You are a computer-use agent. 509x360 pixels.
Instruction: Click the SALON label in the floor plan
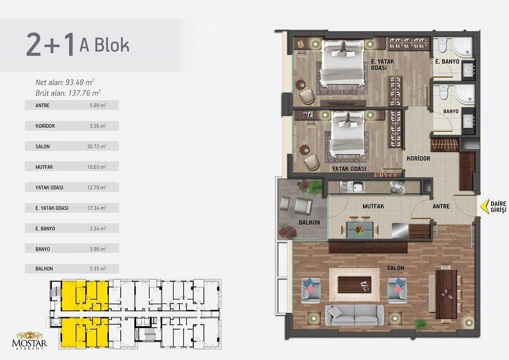point(395,268)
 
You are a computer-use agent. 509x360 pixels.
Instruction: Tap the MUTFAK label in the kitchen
point(373,206)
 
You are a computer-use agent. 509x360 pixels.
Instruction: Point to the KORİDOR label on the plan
point(419,159)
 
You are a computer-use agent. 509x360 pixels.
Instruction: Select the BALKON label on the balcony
point(309,222)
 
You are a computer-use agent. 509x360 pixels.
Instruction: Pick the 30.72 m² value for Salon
point(96,146)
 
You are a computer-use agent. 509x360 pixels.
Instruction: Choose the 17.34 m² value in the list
point(96,208)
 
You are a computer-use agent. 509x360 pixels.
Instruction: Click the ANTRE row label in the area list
point(43,105)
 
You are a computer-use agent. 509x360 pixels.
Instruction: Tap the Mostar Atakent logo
point(29,340)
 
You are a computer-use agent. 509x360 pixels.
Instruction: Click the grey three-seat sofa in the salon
point(354,315)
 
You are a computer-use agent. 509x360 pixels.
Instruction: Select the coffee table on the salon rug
point(354,285)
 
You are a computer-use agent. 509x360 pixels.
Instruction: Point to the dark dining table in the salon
point(446,294)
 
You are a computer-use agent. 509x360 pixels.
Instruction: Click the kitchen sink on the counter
point(358,187)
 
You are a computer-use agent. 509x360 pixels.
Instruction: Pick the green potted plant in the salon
point(421,324)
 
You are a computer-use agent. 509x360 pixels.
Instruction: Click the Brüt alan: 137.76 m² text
point(68,93)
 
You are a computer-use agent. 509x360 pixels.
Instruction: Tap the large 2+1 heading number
point(51,44)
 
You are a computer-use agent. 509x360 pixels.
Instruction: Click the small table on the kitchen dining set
point(359,229)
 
